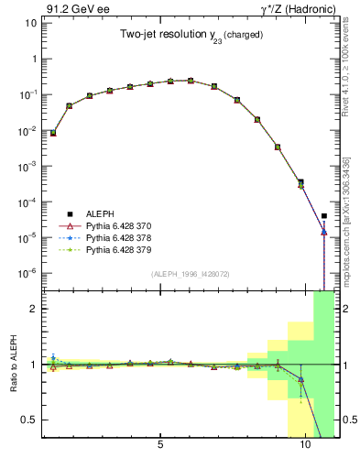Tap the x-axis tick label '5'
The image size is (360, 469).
(161, 444)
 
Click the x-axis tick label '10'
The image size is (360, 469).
(305, 444)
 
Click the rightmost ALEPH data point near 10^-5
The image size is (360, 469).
(324, 216)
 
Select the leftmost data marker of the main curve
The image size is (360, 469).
(53, 133)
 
